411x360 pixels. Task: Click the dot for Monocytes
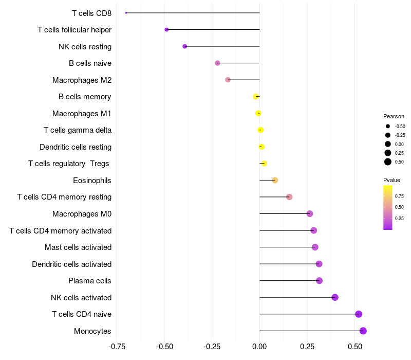pos(363,331)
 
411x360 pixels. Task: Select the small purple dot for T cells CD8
pos(126,13)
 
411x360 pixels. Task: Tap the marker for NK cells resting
pos(185,46)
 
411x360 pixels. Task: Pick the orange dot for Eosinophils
pos(275,181)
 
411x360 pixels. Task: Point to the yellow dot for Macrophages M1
pos(258,113)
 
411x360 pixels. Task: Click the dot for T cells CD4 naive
pos(359,314)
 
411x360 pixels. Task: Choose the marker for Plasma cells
pos(319,280)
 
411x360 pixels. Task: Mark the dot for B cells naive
pos(217,63)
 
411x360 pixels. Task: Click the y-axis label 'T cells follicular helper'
pos(74,30)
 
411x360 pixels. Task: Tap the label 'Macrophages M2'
pos(82,80)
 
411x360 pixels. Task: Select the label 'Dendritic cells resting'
pos(76,147)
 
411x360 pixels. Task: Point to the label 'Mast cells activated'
pos(78,247)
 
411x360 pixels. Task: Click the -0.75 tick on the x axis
pos(117,347)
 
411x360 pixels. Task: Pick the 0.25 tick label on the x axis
pos(307,347)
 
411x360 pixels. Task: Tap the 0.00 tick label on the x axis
pos(259,347)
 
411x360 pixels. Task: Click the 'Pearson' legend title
pos(394,117)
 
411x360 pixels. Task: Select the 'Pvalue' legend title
pos(391,181)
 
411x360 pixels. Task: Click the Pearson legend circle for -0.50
pos(388,126)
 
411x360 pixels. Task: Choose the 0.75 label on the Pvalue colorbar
pos(399,196)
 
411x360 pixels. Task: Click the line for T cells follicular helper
pos(213,30)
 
